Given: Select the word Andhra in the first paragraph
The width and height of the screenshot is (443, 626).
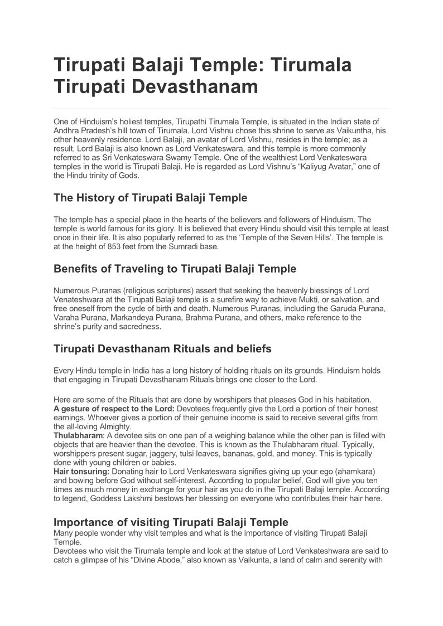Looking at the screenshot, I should tap(67, 130).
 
